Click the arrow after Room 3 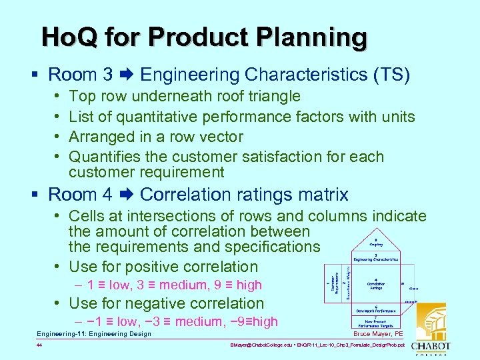tap(127, 74)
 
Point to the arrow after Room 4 tap(127, 195)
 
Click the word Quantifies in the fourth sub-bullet tap(103, 157)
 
